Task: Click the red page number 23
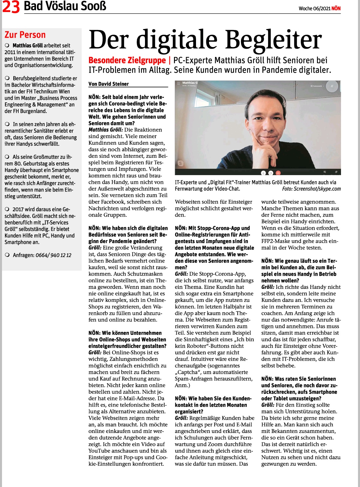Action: click(11, 7)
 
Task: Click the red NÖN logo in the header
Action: click(336, 8)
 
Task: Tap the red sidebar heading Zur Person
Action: click(25, 35)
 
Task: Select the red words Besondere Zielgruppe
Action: click(127, 60)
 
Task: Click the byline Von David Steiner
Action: click(109, 84)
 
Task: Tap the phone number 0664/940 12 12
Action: click(53, 255)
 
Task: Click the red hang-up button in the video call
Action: click(278, 173)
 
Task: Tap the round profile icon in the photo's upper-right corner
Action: click(332, 86)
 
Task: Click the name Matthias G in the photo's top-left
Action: click(190, 83)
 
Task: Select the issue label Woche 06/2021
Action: click(314, 9)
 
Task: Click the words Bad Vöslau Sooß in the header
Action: click(65, 6)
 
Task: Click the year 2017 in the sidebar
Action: click(18, 209)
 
